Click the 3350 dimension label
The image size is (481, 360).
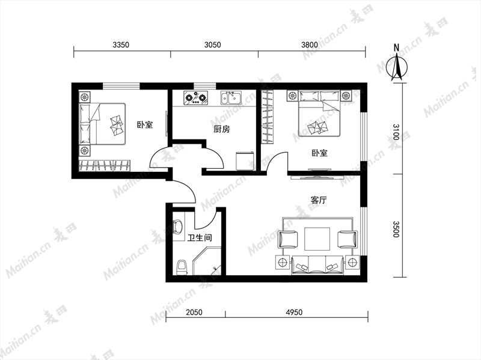[121, 44]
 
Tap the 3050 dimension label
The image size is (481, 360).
[213, 44]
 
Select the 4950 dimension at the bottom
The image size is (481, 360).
[294, 312]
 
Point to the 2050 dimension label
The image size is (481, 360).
[194, 312]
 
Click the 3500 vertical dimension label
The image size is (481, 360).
[396, 229]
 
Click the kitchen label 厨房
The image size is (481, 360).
[221, 129]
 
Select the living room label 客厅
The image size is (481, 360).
[319, 200]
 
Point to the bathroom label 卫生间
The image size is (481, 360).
[200, 237]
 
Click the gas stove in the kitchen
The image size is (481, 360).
[196, 98]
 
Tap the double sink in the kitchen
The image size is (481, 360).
[231, 98]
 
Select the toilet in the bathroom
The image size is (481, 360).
[182, 267]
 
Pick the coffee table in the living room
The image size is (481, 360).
[317, 239]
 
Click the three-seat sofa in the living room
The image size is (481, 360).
[317, 265]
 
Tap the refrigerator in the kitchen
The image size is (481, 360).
[245, 161]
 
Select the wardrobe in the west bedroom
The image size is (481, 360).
[105, 166]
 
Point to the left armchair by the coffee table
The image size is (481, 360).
[288, 239]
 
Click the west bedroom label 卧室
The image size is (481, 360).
[145, 125]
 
